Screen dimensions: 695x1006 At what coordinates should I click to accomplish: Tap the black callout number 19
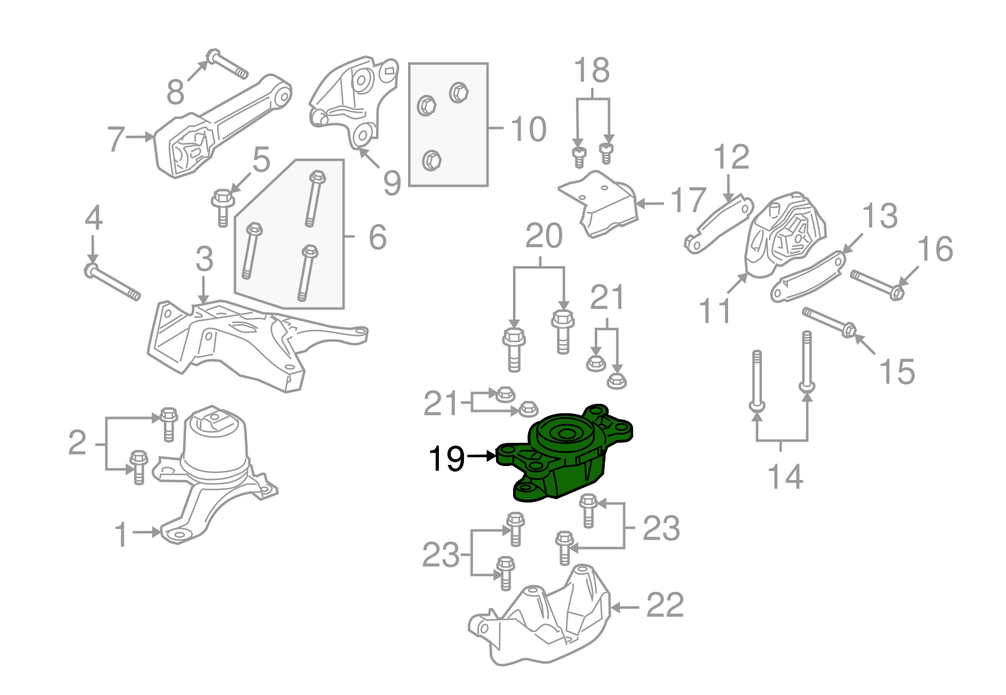(x=446, y=459)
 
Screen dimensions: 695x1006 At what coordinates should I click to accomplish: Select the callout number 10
(x=528, y=130)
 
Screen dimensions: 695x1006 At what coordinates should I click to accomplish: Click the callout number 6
(x=377, y=237)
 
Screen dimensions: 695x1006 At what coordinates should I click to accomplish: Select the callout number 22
(x=665, y=606)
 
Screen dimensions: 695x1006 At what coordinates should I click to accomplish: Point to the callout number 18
(x=592, y=70)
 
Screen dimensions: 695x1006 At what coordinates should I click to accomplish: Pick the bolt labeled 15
(x=830, y=321)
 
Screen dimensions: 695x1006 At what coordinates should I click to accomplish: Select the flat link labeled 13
(x=808, y=277)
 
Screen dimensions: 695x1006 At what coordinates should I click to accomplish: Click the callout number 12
(x=731, y=157)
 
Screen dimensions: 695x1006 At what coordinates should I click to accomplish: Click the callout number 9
(x=392, y=182)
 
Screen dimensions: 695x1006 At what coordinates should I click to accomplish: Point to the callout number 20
(x=544, y=236)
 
